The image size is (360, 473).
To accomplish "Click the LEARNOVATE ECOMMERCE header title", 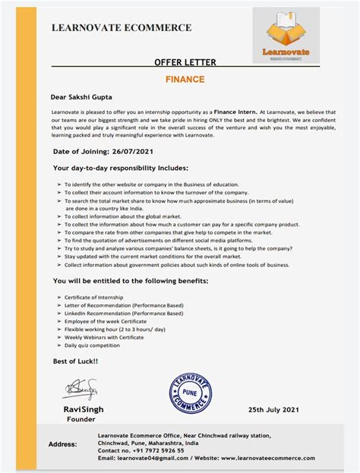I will pyautogui.click(x=121, y=28).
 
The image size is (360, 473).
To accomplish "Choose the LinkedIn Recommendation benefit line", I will pyautogui.click(x=125, y=313).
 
